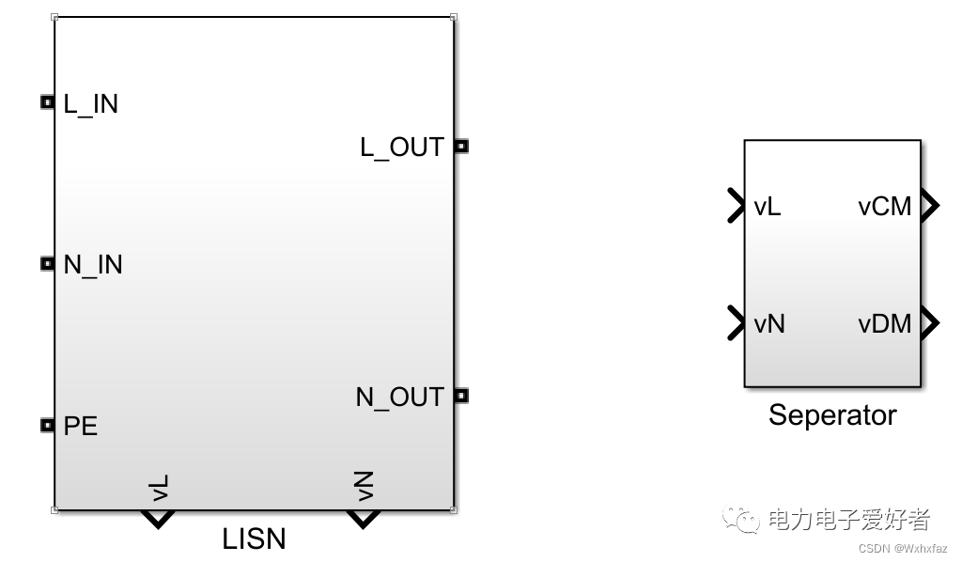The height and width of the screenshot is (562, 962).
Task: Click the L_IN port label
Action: (x=90, y=103)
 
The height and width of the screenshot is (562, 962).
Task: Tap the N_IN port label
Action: (x=93, y=265)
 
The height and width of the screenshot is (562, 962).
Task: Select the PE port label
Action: (x=81, y=427)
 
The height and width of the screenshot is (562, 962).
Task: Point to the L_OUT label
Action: (x=402, y=148)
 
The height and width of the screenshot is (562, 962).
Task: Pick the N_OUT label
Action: (x=399, y=398)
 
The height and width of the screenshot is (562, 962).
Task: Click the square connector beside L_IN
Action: (x=48, y=102)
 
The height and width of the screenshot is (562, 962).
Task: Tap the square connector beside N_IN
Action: (x=48, y=265)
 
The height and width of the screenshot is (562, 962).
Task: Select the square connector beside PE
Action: (x=48, y=426)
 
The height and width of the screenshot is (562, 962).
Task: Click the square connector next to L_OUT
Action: (x=460, y=146)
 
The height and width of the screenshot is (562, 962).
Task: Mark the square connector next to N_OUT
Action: (x=460, y=396)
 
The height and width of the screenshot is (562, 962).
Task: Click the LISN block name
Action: (x=254, y=539)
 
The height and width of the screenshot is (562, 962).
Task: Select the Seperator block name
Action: (x=832, y=414)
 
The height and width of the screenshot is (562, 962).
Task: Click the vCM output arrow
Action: (x=929, y=206)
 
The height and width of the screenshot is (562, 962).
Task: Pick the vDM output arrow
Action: (x=929, y=323)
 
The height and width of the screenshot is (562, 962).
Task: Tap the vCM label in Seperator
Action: (x=885, y=207)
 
